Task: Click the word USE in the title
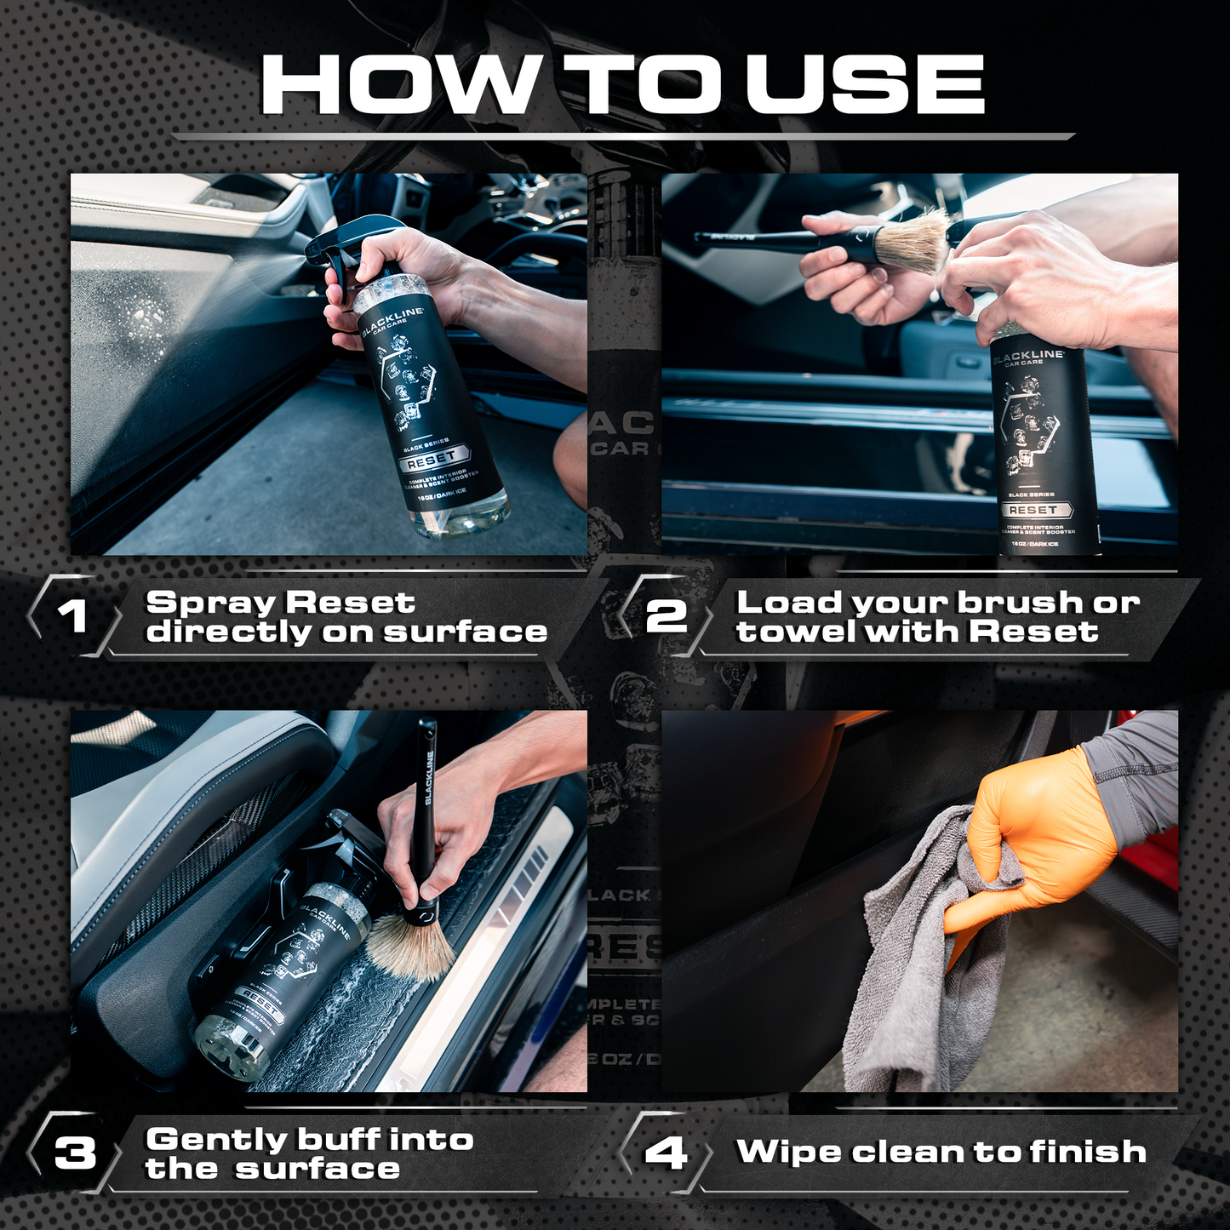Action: (x=865, y=84)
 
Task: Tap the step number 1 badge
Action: (x=72, y=615)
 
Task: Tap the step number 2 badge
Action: (x=665, y=615)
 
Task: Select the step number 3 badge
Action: (x=75, y=1153)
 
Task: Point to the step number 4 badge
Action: (x=665, y=1153)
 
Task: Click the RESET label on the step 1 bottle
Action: (x=432, y=460)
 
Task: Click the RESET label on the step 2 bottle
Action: (x=1033, y=510)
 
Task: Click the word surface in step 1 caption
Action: (x=465, y=632)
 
